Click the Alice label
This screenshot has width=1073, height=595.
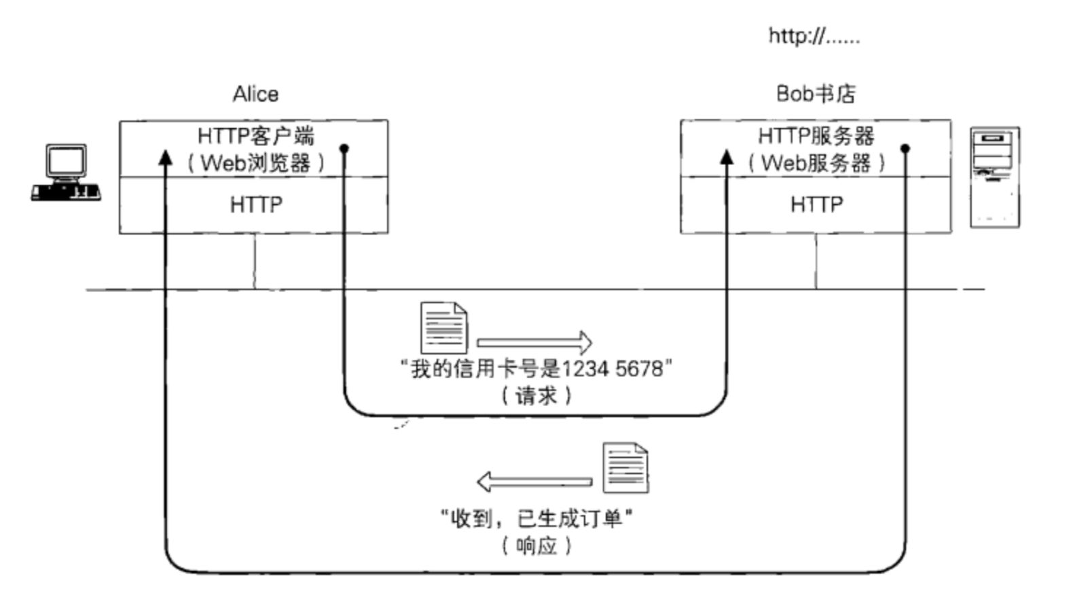(x=255, y=94)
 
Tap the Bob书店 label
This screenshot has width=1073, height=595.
(x=816, y=94)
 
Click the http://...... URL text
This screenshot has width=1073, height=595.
(x=814, y=35)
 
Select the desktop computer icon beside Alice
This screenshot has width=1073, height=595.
(x=66, y=173)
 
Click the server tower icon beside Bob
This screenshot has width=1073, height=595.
(x=994, y=177)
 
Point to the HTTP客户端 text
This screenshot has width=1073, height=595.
(x=255, y=136)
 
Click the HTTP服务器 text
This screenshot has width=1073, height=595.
(x=816, y=136)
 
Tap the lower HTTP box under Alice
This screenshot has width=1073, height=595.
(x=255, y=205)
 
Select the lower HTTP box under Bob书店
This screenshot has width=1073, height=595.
(x=816, y=205)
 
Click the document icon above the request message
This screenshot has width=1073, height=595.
(x=443, y=327)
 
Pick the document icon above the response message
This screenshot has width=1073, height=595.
(x=625, y=467)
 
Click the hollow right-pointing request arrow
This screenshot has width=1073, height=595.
(x=534, y=342)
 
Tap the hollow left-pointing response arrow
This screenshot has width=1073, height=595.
(x=534, y=482)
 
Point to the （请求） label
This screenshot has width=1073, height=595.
(x=536, y=395)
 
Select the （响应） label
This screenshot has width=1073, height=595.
(x=536, y=545)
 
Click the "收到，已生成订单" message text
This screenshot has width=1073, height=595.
(x=536, y=519)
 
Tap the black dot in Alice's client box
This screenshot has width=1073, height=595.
(x=344, y=148)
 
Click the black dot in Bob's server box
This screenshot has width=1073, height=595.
(x=905, y=148)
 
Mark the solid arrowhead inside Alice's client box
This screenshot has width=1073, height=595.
(x=166, y=158)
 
